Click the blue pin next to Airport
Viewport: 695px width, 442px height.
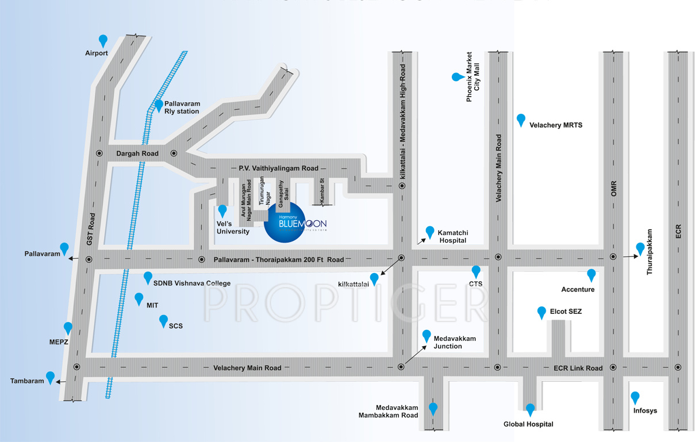[x=103, y=40]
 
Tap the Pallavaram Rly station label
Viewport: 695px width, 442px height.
[x=182, y=107]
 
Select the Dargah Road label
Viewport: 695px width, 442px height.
[x=137, y=153]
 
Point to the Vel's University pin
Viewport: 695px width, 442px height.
[x=222, y=210]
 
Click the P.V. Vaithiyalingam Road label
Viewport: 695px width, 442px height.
[x=278, y=168]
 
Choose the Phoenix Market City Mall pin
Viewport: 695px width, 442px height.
[x=457, y=76]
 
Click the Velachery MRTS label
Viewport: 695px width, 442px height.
[x=555, y=125]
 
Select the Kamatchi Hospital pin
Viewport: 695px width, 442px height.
[x=429, y=232]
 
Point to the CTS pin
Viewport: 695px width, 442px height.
[x=476, y=271]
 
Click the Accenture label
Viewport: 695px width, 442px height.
[x=578, y=290]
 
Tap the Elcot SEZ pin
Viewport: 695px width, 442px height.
[x=541, y=312]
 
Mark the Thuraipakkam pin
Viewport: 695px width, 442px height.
[x=640, y=248]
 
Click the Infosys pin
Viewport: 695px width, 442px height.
[x=635, y=397]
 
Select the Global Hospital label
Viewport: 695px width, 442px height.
[x=528, y=424]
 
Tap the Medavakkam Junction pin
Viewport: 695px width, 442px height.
[x=427, y=336]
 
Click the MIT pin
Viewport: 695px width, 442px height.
[x=139, y=298]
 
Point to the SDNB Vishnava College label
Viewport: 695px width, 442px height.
[x=192, y=283]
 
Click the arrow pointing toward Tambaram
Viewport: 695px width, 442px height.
[x=62, y=381]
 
